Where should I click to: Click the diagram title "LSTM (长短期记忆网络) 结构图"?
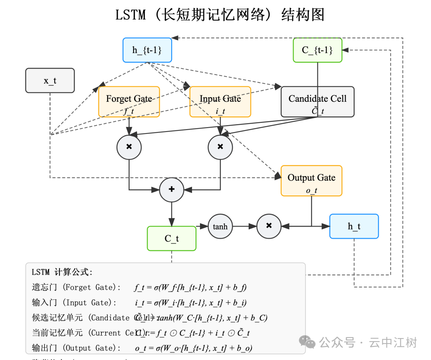pos(220,15)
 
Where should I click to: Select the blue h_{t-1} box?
pos(147,50)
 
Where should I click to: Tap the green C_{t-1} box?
pos(318,50)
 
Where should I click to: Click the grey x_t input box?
pos(50,81)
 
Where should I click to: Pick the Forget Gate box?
pos(129,102)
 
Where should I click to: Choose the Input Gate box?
pos(220,102)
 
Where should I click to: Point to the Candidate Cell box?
pos(318,102)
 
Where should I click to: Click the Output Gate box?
pos(311,181)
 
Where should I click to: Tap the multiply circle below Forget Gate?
pos(129,147)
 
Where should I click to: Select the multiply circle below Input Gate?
pos(220,147)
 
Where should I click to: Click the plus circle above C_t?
pos(172,189)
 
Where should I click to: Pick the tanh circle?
pos(220,226)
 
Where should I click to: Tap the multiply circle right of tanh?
pos(269,226)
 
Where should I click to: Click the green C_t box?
pos(172,238)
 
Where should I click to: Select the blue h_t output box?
pos(354,226)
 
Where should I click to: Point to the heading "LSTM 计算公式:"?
pos(62,272)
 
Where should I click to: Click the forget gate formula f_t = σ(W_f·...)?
pos(190,287)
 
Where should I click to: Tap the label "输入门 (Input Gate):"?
pos(74,303)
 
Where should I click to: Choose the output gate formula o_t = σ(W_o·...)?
pos(193,348)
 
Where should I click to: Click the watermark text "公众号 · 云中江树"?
pos(368,342)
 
